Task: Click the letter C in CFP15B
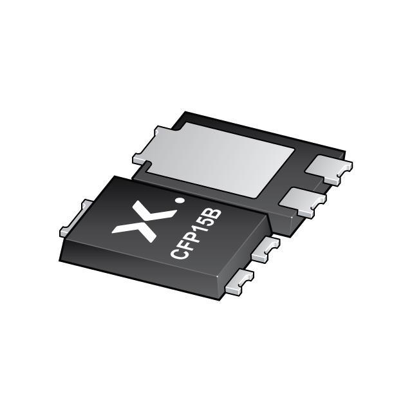[178, 253]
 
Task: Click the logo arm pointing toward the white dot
[162, 209]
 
